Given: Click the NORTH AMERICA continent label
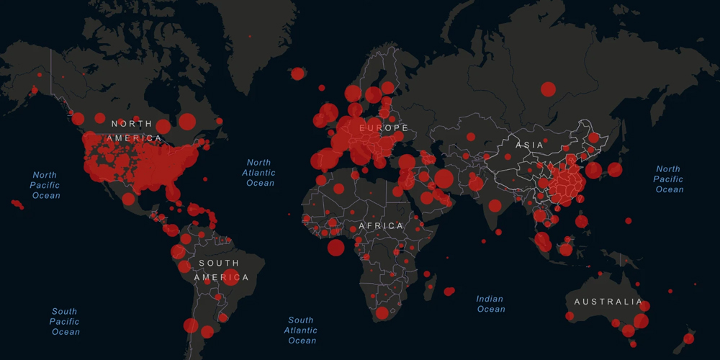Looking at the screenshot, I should click(x=136, y=130).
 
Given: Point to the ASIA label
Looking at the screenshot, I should click(x=529, y=145).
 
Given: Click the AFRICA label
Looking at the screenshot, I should click(x=381, y=226).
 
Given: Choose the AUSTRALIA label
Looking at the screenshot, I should click(x=603, y=302).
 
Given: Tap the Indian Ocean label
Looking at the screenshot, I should click(x=490, y=304).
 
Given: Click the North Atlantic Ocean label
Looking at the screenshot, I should click(x=259, y=173).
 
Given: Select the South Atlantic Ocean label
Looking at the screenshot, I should click(x=300, y=330).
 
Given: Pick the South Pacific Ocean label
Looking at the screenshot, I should click(x=65, y=322).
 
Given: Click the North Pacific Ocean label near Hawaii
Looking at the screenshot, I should click(x=45, y=185).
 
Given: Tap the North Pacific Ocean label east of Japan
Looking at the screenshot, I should click(x=668, y=179).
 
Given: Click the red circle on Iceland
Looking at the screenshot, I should click(x=297, y=73).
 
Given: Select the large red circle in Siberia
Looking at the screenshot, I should click(x=548, y=89).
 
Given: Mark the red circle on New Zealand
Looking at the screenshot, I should click(x=688, y=338).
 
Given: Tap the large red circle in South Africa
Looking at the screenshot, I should click(x=382, y=313).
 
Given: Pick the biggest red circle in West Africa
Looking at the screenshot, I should click(x=336, y=248).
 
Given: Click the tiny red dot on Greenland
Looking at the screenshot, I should click(x=250, y=36).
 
